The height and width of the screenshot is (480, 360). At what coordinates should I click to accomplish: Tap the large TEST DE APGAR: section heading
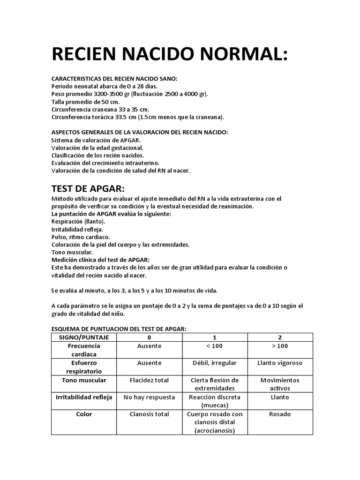pos(88,188)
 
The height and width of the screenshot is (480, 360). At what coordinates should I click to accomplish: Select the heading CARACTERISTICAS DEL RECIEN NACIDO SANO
pos(114,79)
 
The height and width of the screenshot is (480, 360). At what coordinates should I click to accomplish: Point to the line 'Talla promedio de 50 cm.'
pos(85,101)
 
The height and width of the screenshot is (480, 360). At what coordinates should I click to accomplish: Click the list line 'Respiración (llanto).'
pos(78,221)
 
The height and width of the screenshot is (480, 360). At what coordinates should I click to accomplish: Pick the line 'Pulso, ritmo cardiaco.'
pos(81,237)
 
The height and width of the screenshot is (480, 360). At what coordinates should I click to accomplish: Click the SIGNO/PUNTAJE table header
pos(84,337)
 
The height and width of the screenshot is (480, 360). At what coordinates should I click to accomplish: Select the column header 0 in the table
pos(149,337)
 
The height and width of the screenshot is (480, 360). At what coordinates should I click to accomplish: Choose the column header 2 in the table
pos(280,337)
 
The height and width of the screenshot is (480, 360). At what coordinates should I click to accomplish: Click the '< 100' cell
pos(214,346)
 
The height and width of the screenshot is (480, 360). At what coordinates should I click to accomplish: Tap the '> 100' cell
pos(280,346)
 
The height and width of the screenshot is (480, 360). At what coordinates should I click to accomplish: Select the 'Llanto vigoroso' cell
pos(280,363)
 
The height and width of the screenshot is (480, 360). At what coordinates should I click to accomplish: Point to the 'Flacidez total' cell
pos(149,380)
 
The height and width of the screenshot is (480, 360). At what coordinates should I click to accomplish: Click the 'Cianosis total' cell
pos(149,414)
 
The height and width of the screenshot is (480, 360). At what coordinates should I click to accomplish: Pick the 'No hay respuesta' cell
pos(149,397)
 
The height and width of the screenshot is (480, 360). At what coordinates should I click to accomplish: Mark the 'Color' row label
pos(84,414)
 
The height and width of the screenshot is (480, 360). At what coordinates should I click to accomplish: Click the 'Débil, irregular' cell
pos(214,363)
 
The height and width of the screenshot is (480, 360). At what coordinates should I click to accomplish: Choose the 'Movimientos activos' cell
pos(280,384)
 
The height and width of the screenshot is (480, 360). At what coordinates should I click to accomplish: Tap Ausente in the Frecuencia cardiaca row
pos(149,346)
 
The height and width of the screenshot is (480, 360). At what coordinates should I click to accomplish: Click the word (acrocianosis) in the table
pos(214,430)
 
